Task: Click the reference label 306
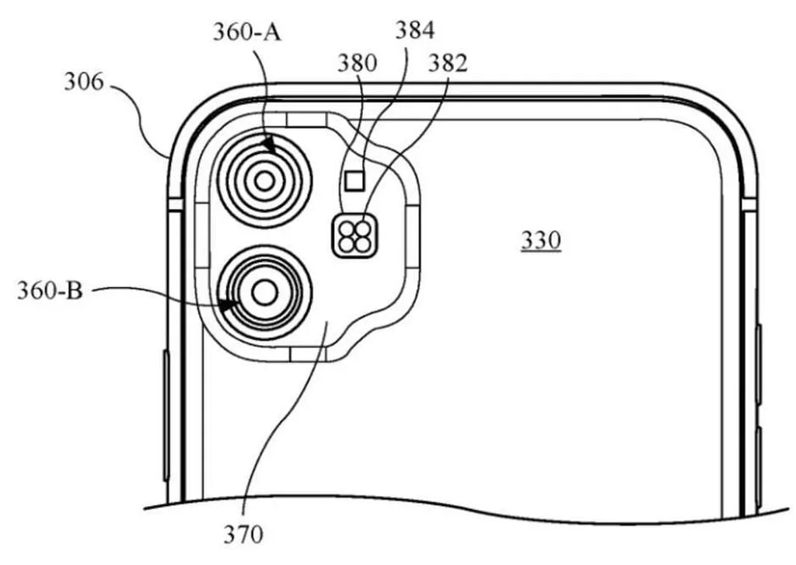point(84,82)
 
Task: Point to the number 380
point(357,64)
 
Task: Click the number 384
point(415,31)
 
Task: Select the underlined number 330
point(540,241)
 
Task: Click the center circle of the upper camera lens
point(265,182)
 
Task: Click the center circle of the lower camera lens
point(265,293)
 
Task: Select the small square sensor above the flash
point(355,181)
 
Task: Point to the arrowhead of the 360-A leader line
point(268,145)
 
